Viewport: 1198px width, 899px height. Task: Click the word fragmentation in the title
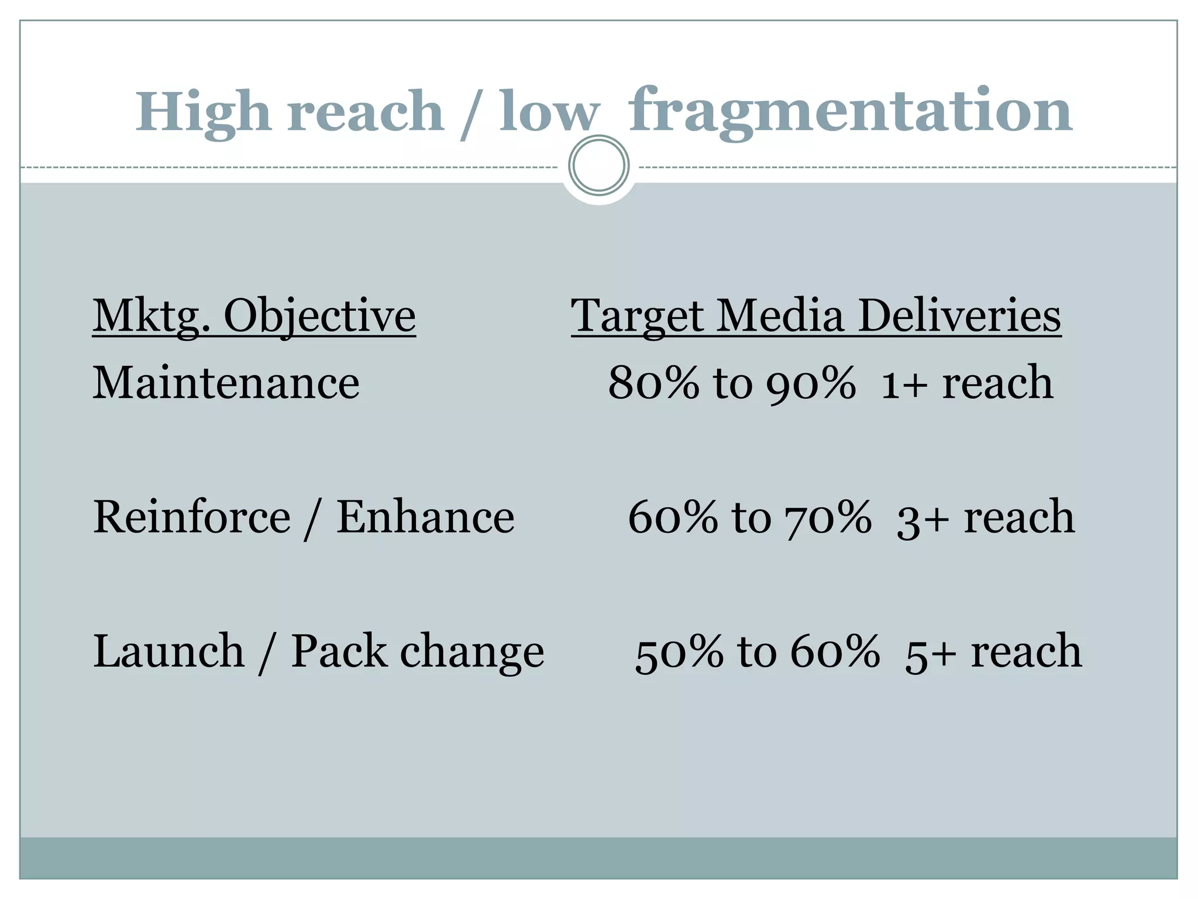pyautogui.click(x=851, y=111)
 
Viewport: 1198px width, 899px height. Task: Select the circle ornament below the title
pyautogui.click(x=598, y=166)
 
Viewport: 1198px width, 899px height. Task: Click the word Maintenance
pyautogui.click(x=226, y=383)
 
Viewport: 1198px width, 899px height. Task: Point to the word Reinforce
pyautogui.click(x=191, y=517)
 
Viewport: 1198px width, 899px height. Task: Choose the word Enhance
pyautogui.click(x=425, y=517)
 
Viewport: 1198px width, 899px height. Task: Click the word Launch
pyautogui.click(x=168, y=651)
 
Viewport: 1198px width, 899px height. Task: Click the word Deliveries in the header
pyautogui.click(x=959, y=316)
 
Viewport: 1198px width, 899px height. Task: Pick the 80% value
pyautogui.click(x=653, y=383)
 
